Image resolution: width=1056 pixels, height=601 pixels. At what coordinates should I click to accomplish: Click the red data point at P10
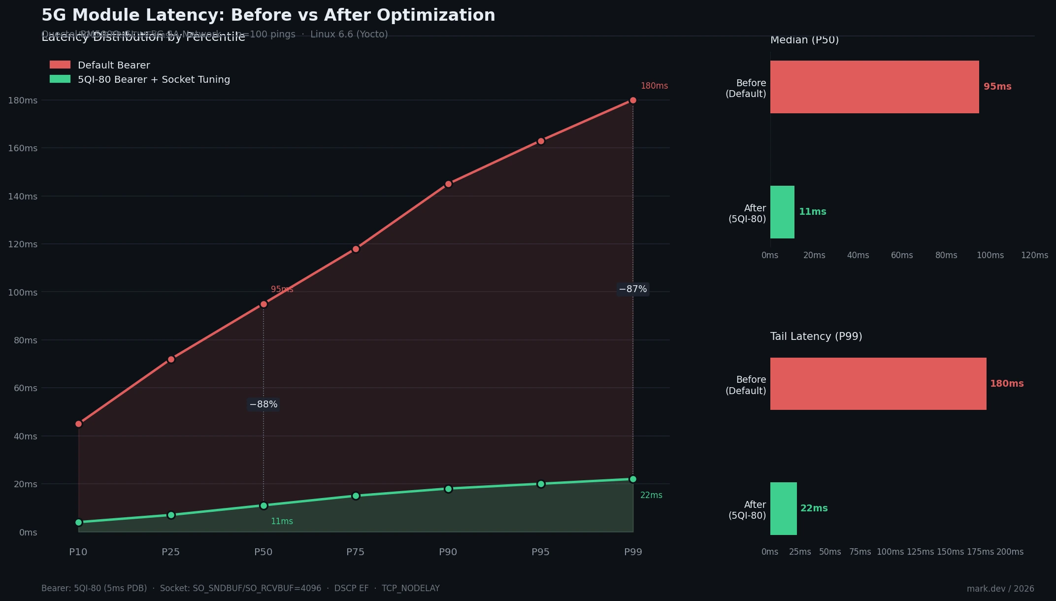tap(79, 424)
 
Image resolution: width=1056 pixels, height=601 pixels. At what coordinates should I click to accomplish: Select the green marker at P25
tap(171, 515)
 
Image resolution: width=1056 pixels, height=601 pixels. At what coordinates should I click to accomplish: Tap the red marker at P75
tap(356, 249)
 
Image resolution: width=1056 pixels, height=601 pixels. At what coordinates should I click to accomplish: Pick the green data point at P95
tap(541, 484)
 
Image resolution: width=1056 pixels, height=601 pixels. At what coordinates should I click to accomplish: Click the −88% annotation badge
tap(264, 404)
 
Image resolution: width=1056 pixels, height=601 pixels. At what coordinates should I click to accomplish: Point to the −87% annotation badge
tap(633, 289)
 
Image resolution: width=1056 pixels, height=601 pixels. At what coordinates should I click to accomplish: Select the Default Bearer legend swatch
tap(60, 65)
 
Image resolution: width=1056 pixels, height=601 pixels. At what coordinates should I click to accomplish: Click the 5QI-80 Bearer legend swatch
tap(60, 79)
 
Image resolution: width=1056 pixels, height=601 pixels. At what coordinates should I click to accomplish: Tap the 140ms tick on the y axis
tap(23, 197)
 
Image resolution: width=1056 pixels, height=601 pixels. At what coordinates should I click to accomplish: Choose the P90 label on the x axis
tap(448, 552)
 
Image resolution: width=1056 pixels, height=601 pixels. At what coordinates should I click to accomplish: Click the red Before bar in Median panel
tap(874, 87)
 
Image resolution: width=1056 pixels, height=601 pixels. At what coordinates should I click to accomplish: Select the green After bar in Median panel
tap(782, 212)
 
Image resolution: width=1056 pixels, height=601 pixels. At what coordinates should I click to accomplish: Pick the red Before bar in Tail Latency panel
tap(878, 384)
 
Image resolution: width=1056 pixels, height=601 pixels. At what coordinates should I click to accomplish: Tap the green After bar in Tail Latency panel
tap(783, 508)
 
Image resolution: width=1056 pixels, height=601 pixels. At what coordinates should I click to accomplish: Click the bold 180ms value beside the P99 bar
tap(1007, 384)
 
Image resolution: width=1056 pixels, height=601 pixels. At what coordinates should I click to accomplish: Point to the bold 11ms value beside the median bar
tap(813, 212)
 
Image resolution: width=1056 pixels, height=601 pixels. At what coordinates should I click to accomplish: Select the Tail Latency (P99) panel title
tap(816, 336)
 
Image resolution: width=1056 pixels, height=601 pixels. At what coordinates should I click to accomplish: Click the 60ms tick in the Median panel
tap(902, 255)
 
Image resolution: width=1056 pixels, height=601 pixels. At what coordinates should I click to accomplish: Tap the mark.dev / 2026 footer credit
tap(1000, 589)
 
